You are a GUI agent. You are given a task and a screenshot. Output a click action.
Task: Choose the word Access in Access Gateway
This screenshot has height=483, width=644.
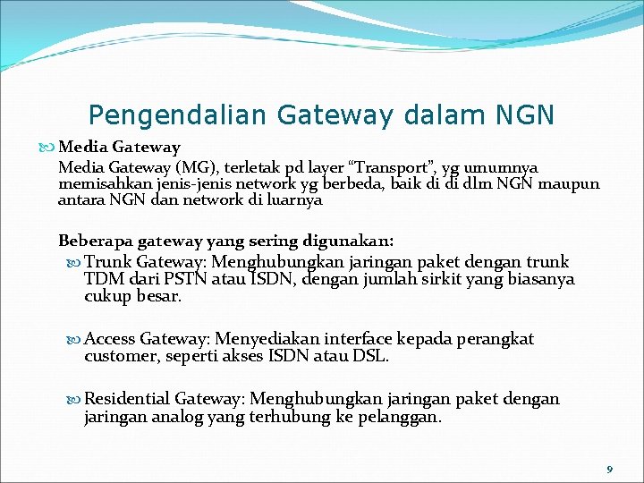tap(110, 339)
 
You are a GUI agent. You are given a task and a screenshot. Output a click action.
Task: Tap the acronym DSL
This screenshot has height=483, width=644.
tap(371, 356)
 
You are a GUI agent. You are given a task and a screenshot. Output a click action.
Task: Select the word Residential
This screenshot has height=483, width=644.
tap(128, 399)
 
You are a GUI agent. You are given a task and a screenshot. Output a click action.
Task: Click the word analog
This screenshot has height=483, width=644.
tap(181, 416)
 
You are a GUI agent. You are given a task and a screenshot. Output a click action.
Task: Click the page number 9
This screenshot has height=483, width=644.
tap(610, 469)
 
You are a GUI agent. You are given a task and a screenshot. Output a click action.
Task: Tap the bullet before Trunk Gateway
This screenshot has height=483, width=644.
tap(74, 263)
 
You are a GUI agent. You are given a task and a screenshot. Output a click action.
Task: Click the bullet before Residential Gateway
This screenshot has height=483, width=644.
tap(74, 400)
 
